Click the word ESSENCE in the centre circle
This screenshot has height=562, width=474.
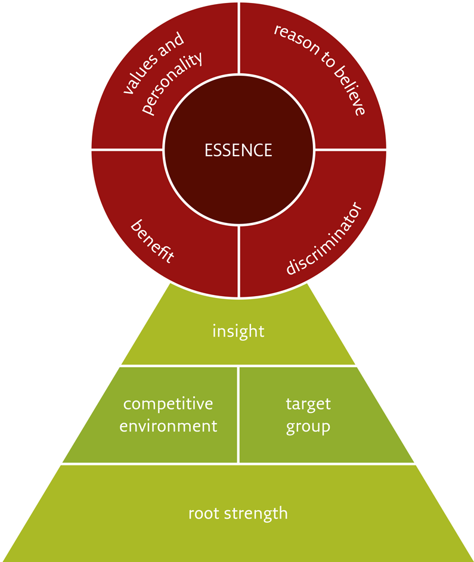pos(238,150)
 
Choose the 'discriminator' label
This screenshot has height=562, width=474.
pos(324,238)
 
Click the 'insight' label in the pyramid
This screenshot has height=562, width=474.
pos(238,330)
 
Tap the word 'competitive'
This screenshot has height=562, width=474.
pos(168,403)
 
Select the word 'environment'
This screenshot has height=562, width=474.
pos(168,426)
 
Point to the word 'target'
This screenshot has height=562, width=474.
pos(308,403)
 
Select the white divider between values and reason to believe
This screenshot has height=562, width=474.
pos(238,36)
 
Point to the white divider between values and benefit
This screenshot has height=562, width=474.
pos(125,149)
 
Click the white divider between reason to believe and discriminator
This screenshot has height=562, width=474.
pos(352,149)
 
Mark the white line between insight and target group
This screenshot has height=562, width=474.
pos(298,366)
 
